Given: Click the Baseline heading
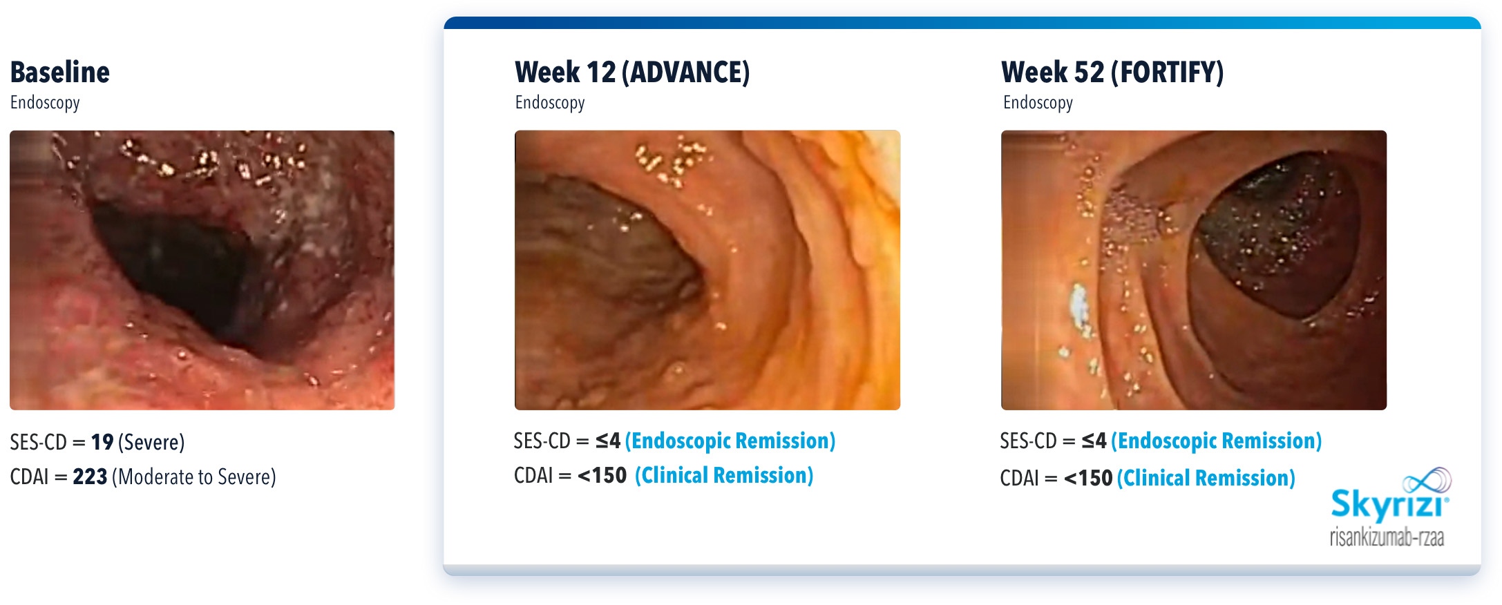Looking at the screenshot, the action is pyautogui.click(x=60, y=73).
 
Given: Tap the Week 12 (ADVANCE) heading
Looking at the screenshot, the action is pyautogui.click(x=632, y=73).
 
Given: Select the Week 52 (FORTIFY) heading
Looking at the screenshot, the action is pyautogui.click(x=1112, y=73).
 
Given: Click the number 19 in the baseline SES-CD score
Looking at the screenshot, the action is pyautogui.click(x=102, y=442).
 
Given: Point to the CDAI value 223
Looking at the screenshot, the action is pyautogui.click(x=90, y=477).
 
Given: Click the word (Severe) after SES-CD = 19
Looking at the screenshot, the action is pyautogui.click(x=151, y=442).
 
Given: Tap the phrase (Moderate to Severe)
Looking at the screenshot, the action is pyautogui.click(x=194, y=477).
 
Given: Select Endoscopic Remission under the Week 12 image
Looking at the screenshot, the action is pyautogui.click(x=730, y=441).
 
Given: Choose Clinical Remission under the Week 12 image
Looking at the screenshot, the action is pyautogui.click(x=724, y=475).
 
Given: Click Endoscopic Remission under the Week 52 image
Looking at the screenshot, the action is pyautogui.click(x=1217, y=441).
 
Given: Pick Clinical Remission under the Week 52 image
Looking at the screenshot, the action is pyautogui.click(x=1206, y=478).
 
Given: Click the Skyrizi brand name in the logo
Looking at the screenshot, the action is pyautogui.click(x=1389, y=506).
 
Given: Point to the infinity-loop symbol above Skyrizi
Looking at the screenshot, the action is pyautogui.click(x=1427, y=480).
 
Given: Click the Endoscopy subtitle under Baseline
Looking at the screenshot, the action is pyautogui.click(x=45, y=103).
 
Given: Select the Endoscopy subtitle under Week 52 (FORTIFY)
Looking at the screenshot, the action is pyautogui.click(x=1038, y=103).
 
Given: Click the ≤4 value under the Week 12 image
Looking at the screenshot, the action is pyautogui.click(x=608, y=441).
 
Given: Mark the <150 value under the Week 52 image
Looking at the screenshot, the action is pyautogui.click(x=1088, y=478).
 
